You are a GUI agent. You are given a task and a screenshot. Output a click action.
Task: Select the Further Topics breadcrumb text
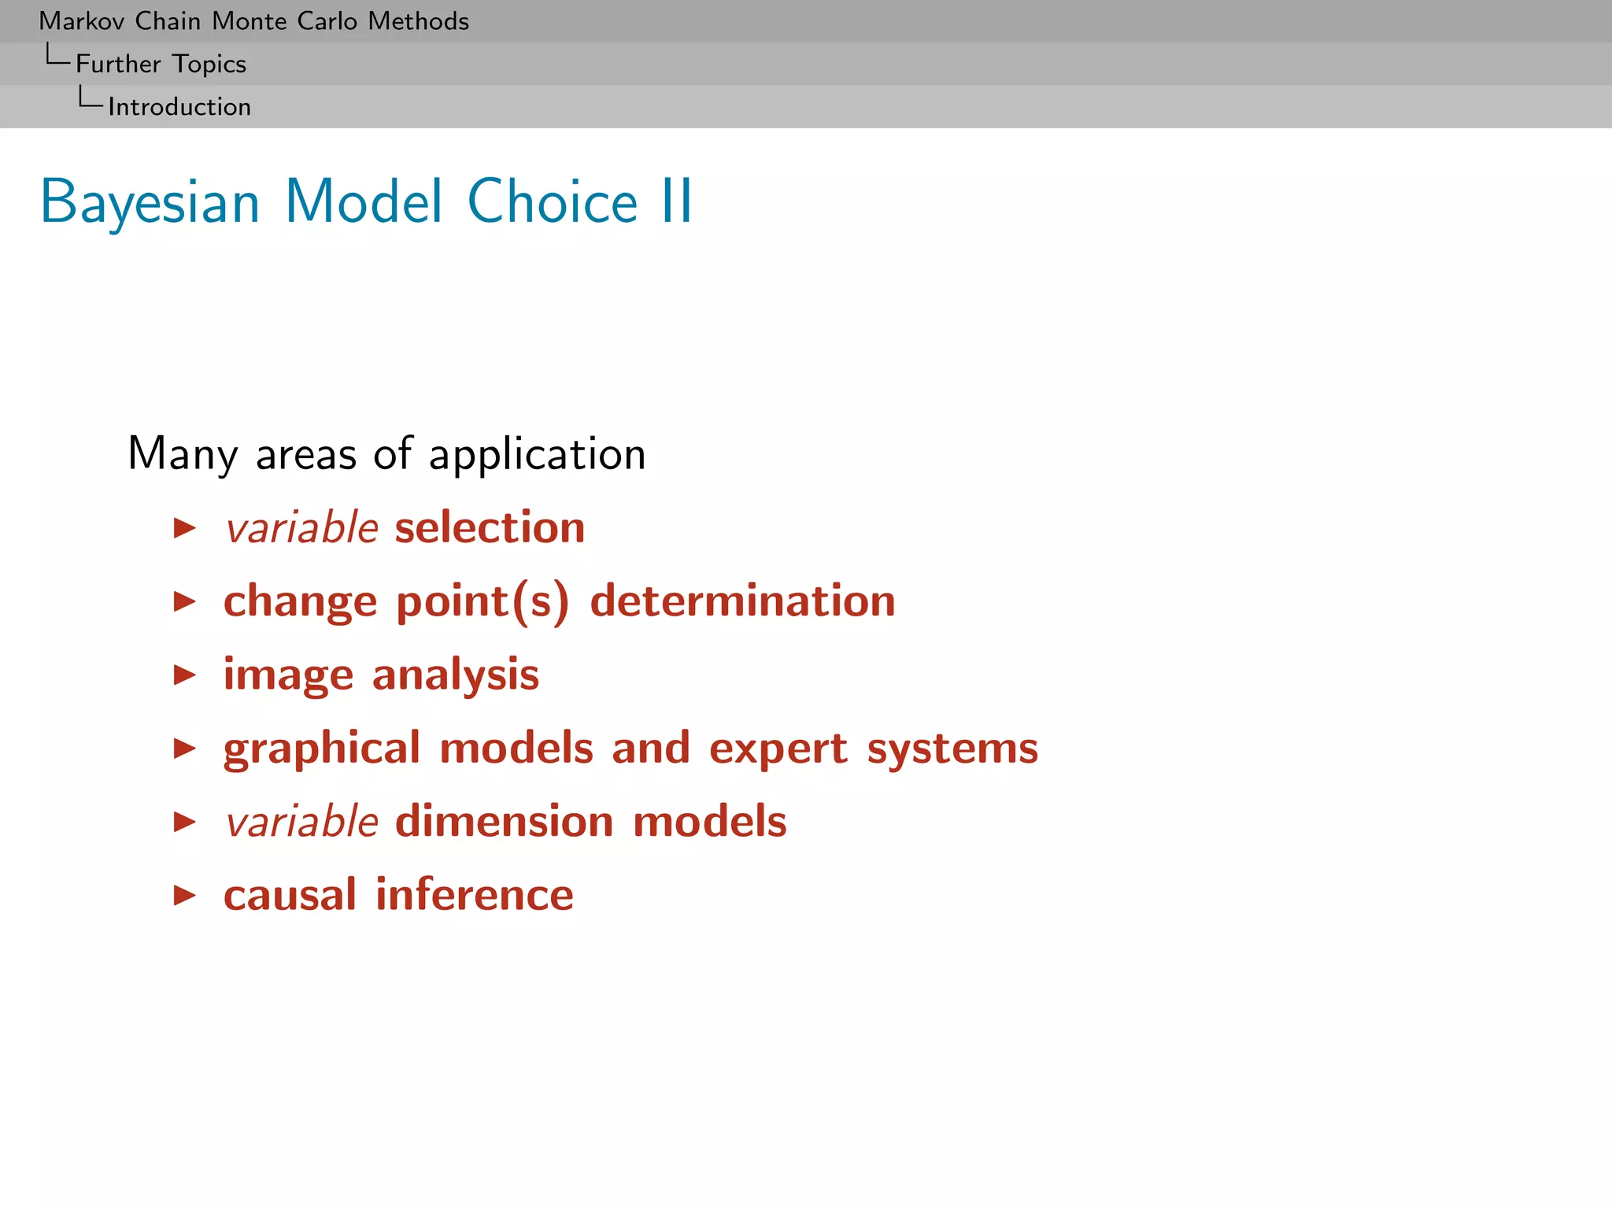161,64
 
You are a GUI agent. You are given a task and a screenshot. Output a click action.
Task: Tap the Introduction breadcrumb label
179,107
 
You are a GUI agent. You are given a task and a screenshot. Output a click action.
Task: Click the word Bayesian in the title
150,202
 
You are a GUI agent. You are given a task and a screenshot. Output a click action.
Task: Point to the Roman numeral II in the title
676,202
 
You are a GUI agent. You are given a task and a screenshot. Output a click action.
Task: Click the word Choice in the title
552,202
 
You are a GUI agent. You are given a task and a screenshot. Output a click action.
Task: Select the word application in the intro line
537,455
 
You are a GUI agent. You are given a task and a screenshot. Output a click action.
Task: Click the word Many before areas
183,455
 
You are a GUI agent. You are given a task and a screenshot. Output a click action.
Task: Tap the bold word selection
490,527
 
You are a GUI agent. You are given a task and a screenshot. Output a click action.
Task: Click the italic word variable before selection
301,527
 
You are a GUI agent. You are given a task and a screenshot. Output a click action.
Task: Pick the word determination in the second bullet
742,601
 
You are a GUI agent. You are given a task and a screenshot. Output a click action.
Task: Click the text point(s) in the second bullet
482,602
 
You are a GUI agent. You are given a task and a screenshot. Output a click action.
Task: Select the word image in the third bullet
288,675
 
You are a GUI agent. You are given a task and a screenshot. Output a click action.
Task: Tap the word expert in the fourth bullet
778,749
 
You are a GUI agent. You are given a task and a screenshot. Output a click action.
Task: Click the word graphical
322,749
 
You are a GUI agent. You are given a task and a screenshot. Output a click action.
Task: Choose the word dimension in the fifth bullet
504,822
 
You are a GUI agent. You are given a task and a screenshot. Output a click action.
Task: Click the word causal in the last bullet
290,895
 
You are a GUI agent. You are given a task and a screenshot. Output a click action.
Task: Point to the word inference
474,895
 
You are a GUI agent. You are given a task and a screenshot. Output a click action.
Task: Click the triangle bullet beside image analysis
184,675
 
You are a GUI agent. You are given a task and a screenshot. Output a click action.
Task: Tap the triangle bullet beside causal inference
184,895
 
